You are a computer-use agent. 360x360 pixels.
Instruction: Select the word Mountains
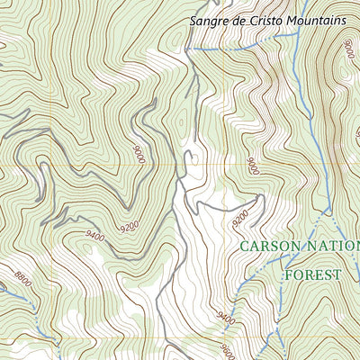(316, 19)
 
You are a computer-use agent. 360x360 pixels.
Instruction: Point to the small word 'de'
(240, 19)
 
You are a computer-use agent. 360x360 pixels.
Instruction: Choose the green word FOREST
(313, 274)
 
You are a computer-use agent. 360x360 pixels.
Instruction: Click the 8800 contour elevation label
(22, 282)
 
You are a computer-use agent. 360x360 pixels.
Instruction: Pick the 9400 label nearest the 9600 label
(225, 318)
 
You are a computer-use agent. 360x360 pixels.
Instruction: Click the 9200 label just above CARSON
(242, 218)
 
